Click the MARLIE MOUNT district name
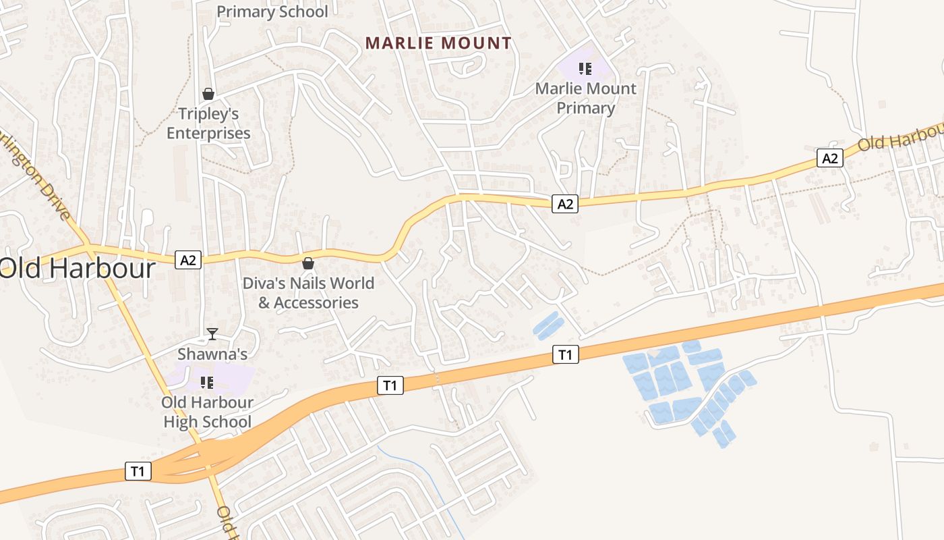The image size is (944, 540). [438, 43]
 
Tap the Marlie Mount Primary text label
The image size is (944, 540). [585, 99]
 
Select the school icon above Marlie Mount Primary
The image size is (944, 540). [585, 68]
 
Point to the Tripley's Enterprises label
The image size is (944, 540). [208, 124]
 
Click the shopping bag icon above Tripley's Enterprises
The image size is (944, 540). [208, 94]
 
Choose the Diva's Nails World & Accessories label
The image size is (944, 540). [308, 293]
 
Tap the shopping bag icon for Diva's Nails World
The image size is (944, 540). [308, 263]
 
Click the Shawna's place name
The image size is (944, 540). [212, 354]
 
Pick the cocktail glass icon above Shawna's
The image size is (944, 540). [212, 333]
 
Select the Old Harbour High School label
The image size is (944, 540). [198, 412]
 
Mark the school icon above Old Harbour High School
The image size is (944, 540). [207, 383]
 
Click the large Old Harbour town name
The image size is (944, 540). [78, 268]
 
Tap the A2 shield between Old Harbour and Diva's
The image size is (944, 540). [188, 259]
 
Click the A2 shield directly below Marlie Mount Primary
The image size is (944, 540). [565, 203]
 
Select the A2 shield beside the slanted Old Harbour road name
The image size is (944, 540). [830, 158]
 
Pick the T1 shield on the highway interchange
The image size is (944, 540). [138, 471]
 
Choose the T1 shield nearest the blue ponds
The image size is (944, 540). [565, 354]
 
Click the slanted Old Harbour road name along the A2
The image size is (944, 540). [900, 138]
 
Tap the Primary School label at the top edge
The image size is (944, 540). [272, 11]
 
